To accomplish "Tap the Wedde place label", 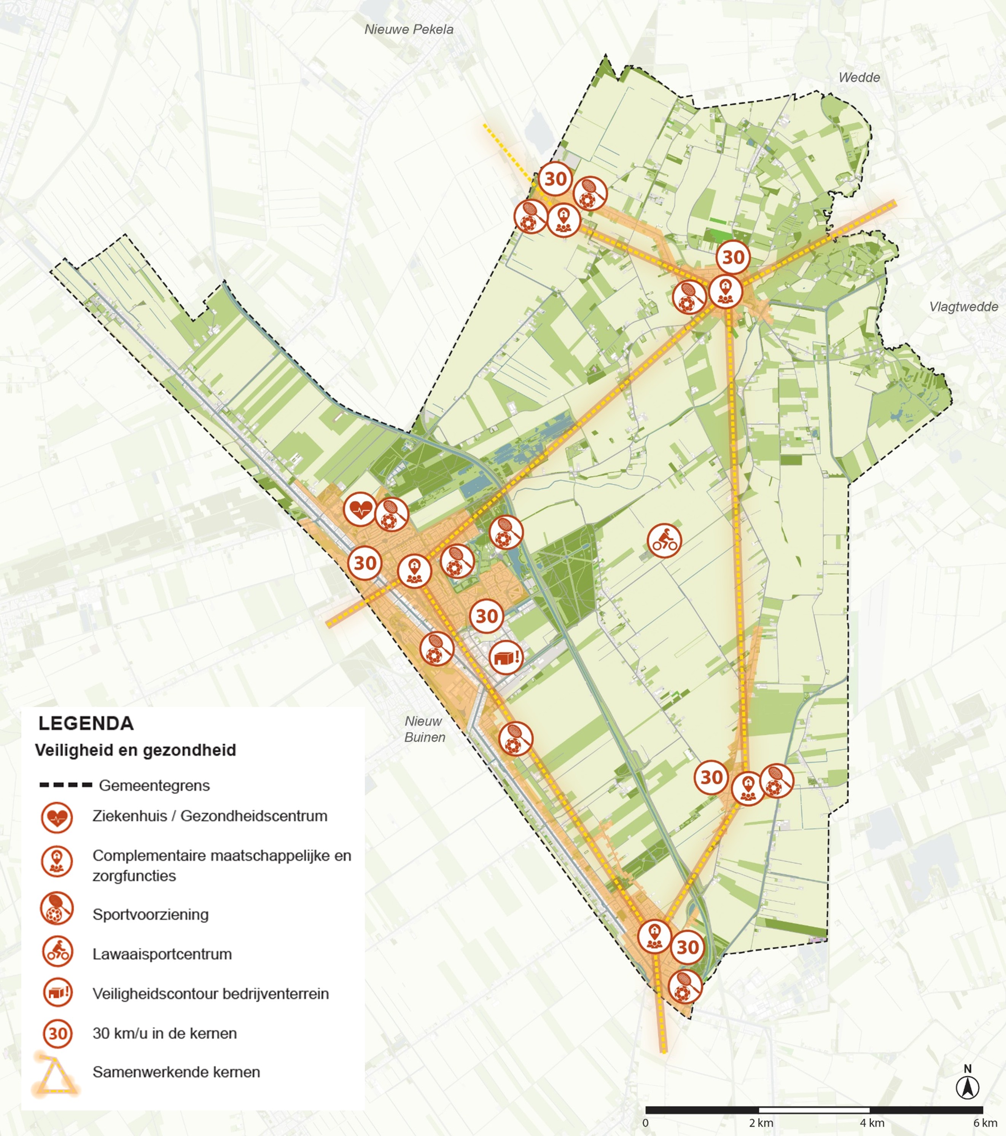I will point(859,77).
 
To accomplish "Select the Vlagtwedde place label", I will point(963,307).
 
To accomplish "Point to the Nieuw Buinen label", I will point(424,729).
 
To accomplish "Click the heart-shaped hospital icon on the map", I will point(360,509).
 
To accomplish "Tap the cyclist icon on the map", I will point(664,540).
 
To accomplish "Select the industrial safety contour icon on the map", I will point(506,657).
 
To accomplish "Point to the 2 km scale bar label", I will point(761,1123).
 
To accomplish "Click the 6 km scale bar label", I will point(985,1123).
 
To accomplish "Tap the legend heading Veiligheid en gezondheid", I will point(135,750).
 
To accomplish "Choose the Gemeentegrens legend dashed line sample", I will point(65,785).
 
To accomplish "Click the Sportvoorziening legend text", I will point(151,914).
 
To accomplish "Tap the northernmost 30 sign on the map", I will point(555,179).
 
